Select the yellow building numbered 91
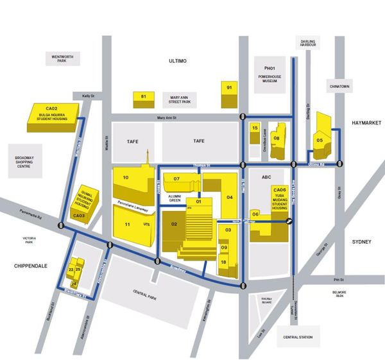229,94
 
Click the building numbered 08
277,138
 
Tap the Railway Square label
267,299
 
